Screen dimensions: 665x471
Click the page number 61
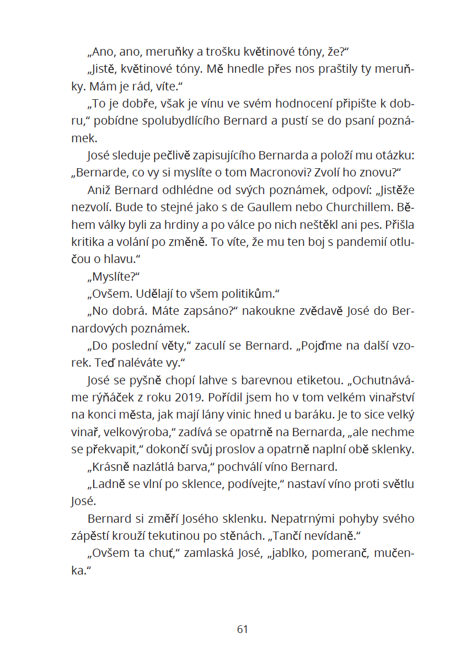coord(242,629)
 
